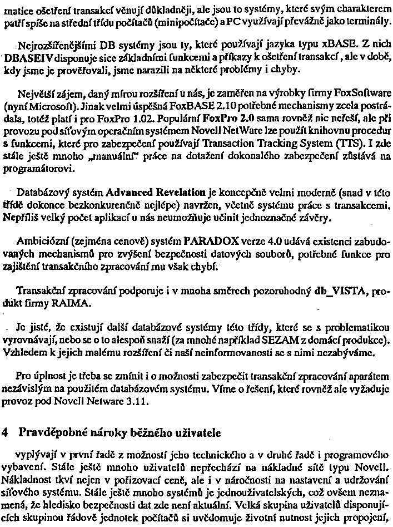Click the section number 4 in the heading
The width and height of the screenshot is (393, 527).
click(6, 432)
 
